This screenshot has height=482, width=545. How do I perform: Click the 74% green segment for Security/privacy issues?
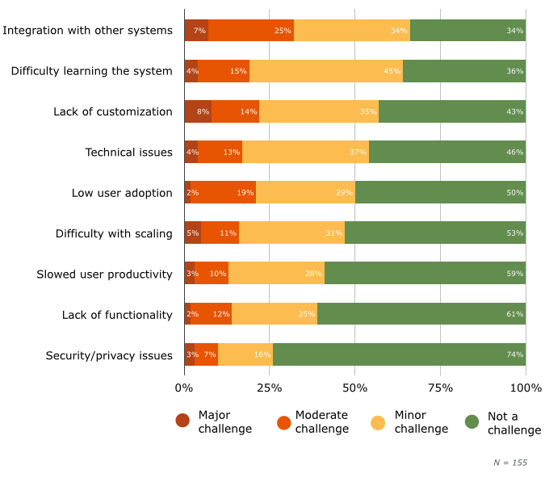pyautogui.click(x=399, y=354)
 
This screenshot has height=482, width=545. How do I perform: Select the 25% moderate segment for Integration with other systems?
pyautogui.click(x=251, y=31)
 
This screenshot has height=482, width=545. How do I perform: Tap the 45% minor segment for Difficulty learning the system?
pyautogui.click(x=326, y=71)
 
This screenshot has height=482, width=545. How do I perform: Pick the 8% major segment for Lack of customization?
pyautogui.click(x=198, y=111)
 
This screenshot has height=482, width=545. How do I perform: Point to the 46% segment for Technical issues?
pyautogui.click(x=447, y=152)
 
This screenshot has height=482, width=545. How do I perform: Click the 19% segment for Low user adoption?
pyautogui.click(x=224, y=192)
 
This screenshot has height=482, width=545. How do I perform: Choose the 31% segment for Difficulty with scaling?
pyautogui.click(x=291, y=233)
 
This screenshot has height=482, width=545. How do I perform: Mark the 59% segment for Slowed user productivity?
pyautogui.click(x=425, y=274)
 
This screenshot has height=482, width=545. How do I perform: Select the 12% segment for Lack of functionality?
pyautogui.click(x=212, y=314)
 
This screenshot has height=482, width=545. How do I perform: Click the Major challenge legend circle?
pyautogui.click(x=182, y=421)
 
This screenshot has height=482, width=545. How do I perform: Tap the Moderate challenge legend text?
pyautogui.click(x=321, y=421)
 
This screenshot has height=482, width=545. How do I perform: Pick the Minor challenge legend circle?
pyautogui.click(x=378, y=421)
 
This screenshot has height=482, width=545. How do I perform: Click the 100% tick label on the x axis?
pyautogui.click(x=526, y=388)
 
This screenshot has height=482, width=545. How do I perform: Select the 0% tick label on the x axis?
pyautogui.click(x=184, y=388)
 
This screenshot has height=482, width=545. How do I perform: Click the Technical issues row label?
pyautogui.click(x=128, y=152)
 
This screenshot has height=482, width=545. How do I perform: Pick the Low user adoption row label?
pyautogui.click(x=122, y=192)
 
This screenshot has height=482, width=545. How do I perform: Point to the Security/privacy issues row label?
pyautogui.click(x=109, y=354)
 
